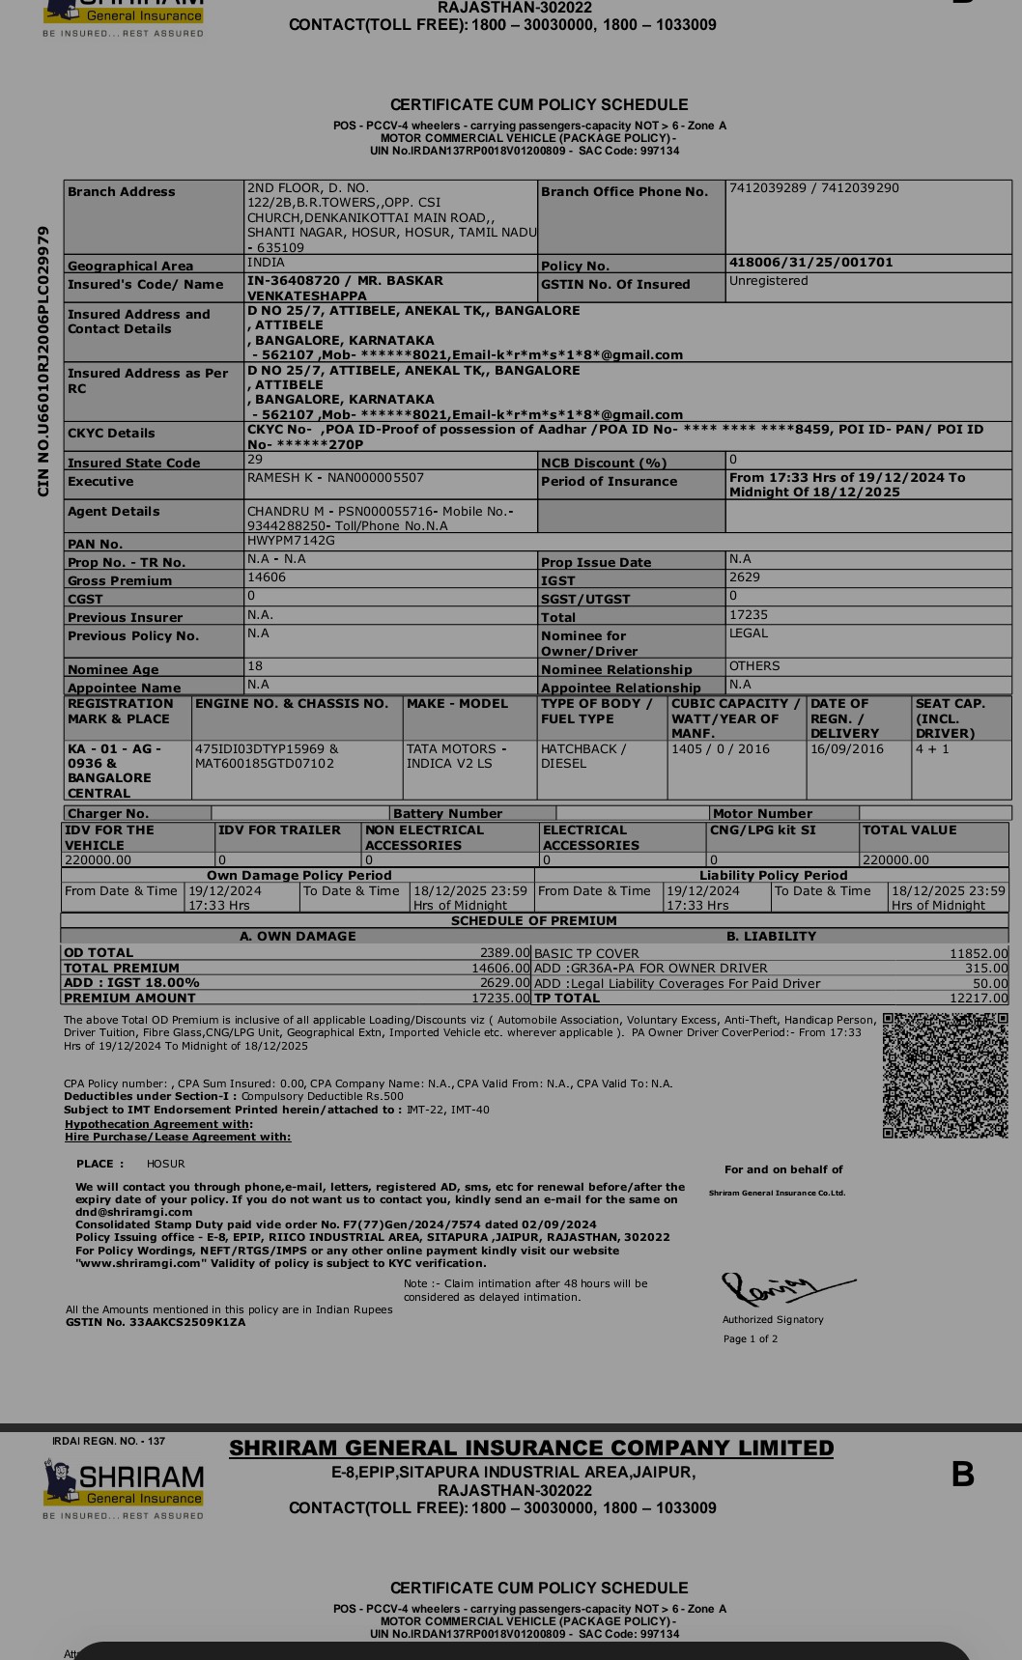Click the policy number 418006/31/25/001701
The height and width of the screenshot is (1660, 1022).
[x=810, y=263]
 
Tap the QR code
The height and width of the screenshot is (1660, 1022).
[x=945, y=1075]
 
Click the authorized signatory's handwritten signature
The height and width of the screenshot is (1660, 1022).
[x=783, y=1288]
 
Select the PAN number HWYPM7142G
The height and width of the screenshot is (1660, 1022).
[x=291, y=541]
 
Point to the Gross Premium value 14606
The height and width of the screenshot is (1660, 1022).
[x=267, y=577]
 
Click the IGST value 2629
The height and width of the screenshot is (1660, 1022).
[x=745, y=577]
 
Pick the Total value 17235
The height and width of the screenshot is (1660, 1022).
[x=749, y=614]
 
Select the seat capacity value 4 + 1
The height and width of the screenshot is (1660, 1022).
[x=932, y=749]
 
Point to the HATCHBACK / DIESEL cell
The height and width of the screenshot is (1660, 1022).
[x=583, y=756]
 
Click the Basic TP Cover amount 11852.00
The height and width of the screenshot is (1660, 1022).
[x=978, y=953]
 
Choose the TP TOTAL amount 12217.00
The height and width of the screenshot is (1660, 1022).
[x=978, y=999]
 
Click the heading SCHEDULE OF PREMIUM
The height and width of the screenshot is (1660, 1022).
[x=534, y=921]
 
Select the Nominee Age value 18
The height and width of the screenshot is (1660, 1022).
[x=255, y=666]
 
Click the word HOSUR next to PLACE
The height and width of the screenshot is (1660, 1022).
[x=166, y=1164]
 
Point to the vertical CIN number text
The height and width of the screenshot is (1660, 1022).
[x=43, y=361]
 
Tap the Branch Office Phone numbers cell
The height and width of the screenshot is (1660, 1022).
[x=813, y=188]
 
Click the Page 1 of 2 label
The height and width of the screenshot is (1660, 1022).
[x=751, y=1338]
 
